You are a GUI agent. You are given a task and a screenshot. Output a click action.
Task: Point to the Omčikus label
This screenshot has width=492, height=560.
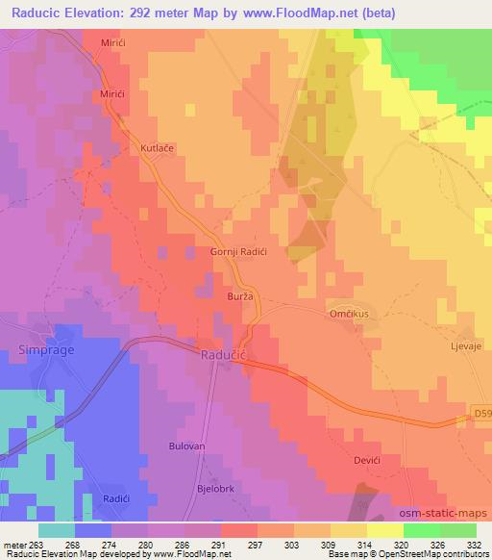(x=346, y=313)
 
